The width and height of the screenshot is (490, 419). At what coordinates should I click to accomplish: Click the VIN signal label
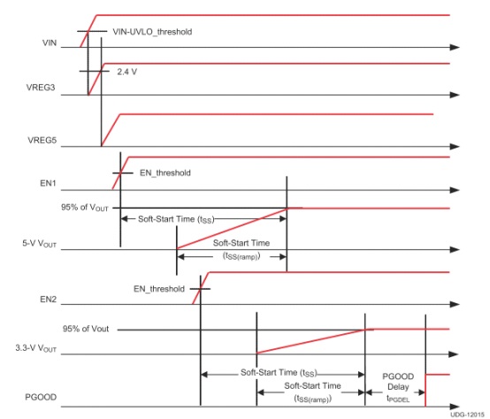[50, 42]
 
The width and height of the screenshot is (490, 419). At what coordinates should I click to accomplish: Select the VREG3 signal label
[41, 88]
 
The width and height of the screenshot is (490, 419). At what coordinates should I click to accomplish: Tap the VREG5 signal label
[42, 141]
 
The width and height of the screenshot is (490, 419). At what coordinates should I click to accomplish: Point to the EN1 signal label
[48, 183]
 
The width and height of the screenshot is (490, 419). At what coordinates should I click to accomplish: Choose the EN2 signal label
[48, 300]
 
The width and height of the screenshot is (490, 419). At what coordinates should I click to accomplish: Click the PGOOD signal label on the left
[41, 397]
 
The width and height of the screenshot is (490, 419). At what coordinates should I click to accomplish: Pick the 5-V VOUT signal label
[40, 243]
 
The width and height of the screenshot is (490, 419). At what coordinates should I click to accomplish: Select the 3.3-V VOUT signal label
[36, 348]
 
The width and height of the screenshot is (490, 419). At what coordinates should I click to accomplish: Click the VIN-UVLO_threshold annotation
[152, 32]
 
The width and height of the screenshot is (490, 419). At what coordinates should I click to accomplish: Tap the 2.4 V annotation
[126, 72]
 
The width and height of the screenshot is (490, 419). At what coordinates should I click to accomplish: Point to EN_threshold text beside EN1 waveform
[165, 173]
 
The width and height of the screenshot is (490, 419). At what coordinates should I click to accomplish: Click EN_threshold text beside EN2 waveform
[158, 289]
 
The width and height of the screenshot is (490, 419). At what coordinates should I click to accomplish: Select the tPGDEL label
[398, 399]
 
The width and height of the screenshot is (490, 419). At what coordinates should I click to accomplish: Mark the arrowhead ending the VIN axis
[455, 48]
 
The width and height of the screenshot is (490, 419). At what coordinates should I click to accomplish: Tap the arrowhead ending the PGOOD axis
[455, 407]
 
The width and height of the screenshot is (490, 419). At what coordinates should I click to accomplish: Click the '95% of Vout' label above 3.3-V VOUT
[86, 329]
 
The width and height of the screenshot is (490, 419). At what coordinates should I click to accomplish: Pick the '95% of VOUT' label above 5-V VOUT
[85, 208]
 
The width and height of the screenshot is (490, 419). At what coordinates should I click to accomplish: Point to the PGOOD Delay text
[398, 382]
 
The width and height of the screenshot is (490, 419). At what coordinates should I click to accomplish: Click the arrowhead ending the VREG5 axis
[455, 147]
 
